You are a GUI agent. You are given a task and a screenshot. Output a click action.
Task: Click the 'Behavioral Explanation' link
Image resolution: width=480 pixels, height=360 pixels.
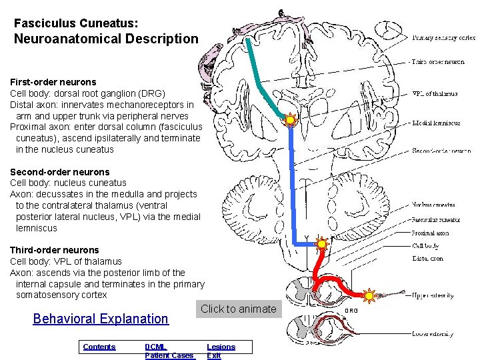point(101,319)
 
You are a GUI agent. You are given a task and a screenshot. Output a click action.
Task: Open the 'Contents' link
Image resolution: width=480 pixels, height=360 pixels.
point(99,347)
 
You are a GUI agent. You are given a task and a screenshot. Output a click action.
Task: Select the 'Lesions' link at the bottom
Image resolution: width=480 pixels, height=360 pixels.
point(221,347)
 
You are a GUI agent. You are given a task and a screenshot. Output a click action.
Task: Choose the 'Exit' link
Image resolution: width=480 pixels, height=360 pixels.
point(214,355)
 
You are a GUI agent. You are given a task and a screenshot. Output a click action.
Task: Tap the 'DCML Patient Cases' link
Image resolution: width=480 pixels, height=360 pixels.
point(169,351)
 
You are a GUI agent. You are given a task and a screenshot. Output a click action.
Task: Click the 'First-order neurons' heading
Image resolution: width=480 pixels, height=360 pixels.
point(53,82)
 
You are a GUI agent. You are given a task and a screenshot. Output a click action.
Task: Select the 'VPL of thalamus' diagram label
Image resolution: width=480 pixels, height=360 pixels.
point(435,94)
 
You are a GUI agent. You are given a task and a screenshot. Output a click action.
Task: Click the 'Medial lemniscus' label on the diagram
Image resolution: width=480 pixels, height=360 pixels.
point(436,123)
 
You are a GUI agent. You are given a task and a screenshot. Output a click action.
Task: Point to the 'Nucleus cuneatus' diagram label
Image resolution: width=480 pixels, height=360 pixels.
point(433,205)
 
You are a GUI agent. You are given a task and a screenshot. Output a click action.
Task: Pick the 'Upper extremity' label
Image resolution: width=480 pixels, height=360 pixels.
point(433,295)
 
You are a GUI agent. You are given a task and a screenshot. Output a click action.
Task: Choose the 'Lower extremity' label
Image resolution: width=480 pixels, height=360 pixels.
point(433,334)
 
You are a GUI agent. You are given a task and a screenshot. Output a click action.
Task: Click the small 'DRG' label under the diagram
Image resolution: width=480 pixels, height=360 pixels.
point(351,311)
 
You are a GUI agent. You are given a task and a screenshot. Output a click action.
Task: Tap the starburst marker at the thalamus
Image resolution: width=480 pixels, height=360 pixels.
point(290,121)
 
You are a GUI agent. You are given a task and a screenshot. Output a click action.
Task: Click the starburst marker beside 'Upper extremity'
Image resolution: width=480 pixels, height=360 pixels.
point(369,295)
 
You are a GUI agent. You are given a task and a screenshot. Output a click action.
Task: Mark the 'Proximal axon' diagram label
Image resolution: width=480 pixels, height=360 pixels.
point(430,233)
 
